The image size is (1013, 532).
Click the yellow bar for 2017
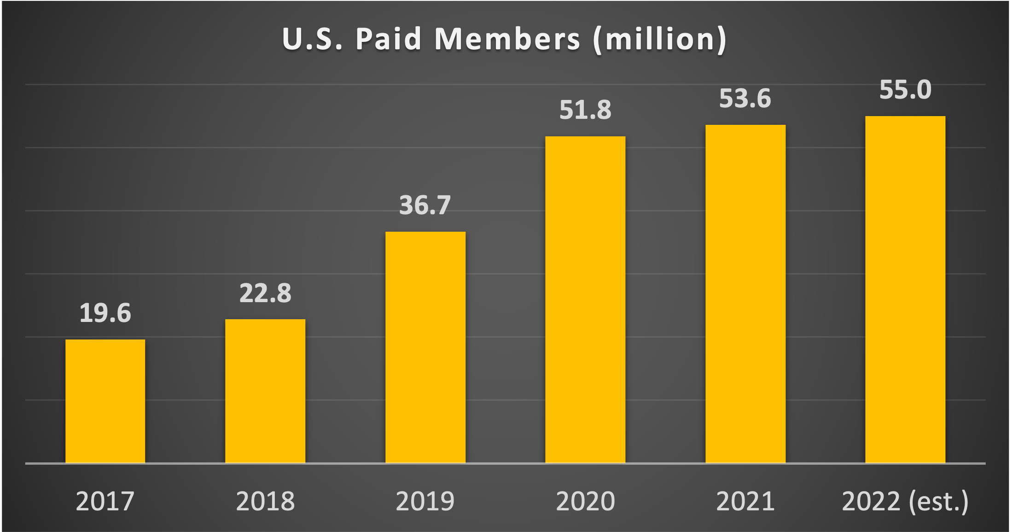click(x=105, y=401)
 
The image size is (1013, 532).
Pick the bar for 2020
click(x=585, y=299)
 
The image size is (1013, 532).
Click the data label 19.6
click(x=105, y=313)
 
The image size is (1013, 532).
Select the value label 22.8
click(x=265, y=293)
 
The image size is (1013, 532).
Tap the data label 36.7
click(x=425, y=205)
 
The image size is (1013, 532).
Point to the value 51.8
click(x=585, y=110)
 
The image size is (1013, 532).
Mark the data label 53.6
click(x=745, y=99)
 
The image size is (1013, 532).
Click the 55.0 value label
click(x=905, y=90)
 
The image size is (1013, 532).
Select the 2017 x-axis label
click(x=105, y=501)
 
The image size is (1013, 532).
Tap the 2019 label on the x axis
click(x=425, y=501)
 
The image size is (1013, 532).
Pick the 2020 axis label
click(x=585, y=501)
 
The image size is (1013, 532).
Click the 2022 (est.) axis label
click(x=905, y=501)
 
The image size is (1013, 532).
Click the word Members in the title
click(x=507, y=39)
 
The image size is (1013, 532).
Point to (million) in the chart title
click(x=660, y=40)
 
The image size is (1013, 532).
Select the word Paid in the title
click(x=389, y=39)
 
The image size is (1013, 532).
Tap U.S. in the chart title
click(x=312, y=39)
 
